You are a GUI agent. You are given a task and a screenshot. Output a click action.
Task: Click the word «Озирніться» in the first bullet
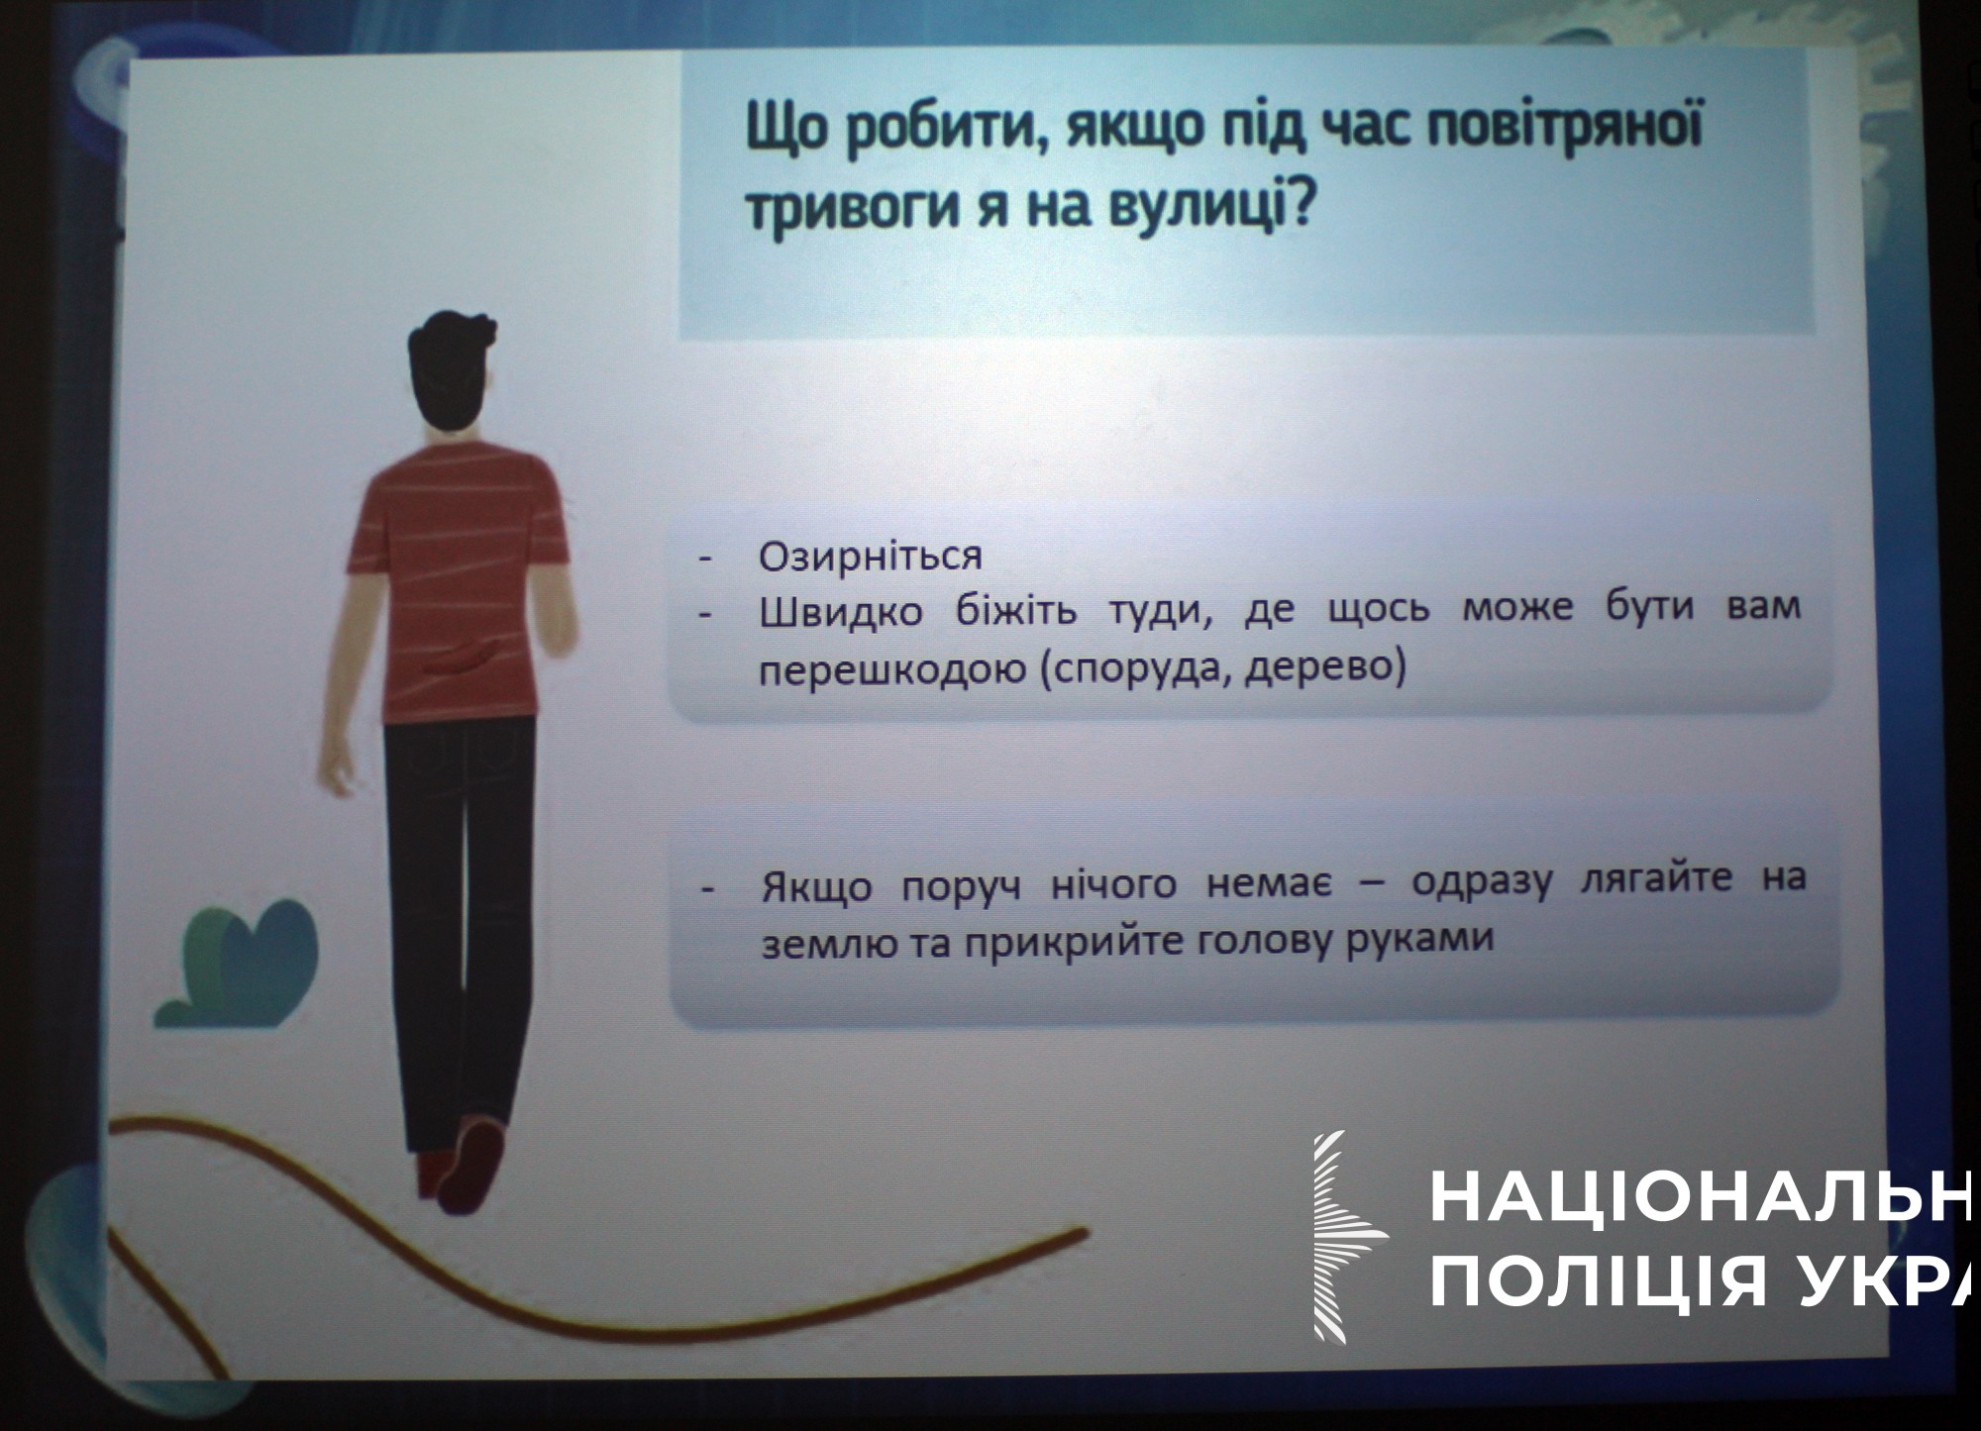click(870, 557)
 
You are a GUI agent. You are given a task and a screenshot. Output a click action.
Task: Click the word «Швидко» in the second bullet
click(840, 611)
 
